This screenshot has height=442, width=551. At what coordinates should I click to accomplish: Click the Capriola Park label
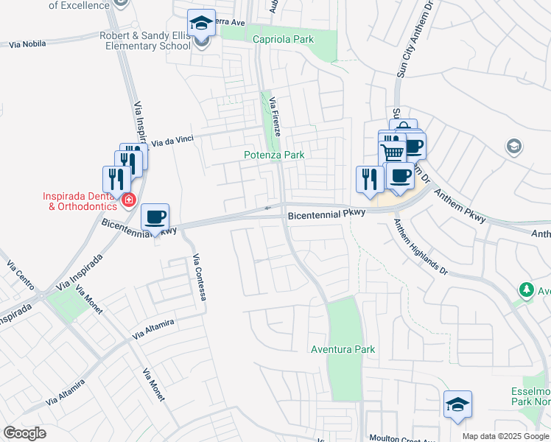coord(283,39)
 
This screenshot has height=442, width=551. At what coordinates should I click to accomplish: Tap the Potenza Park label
coord(274,155)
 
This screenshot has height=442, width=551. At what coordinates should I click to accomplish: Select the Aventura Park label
coord(343,349)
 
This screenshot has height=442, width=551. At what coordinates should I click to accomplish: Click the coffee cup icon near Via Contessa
coord(155,217)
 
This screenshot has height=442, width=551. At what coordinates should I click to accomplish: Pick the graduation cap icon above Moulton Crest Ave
coord(457,404)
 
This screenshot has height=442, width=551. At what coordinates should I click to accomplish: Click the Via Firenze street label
coord(274,116)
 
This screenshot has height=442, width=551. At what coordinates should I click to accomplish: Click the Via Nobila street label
coord(28,44)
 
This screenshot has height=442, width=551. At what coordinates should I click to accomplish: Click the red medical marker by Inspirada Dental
coord(129,200)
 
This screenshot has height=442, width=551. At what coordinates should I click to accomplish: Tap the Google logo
coord(24,433)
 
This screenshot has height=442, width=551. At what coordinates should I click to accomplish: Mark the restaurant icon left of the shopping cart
coord(368,179)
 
